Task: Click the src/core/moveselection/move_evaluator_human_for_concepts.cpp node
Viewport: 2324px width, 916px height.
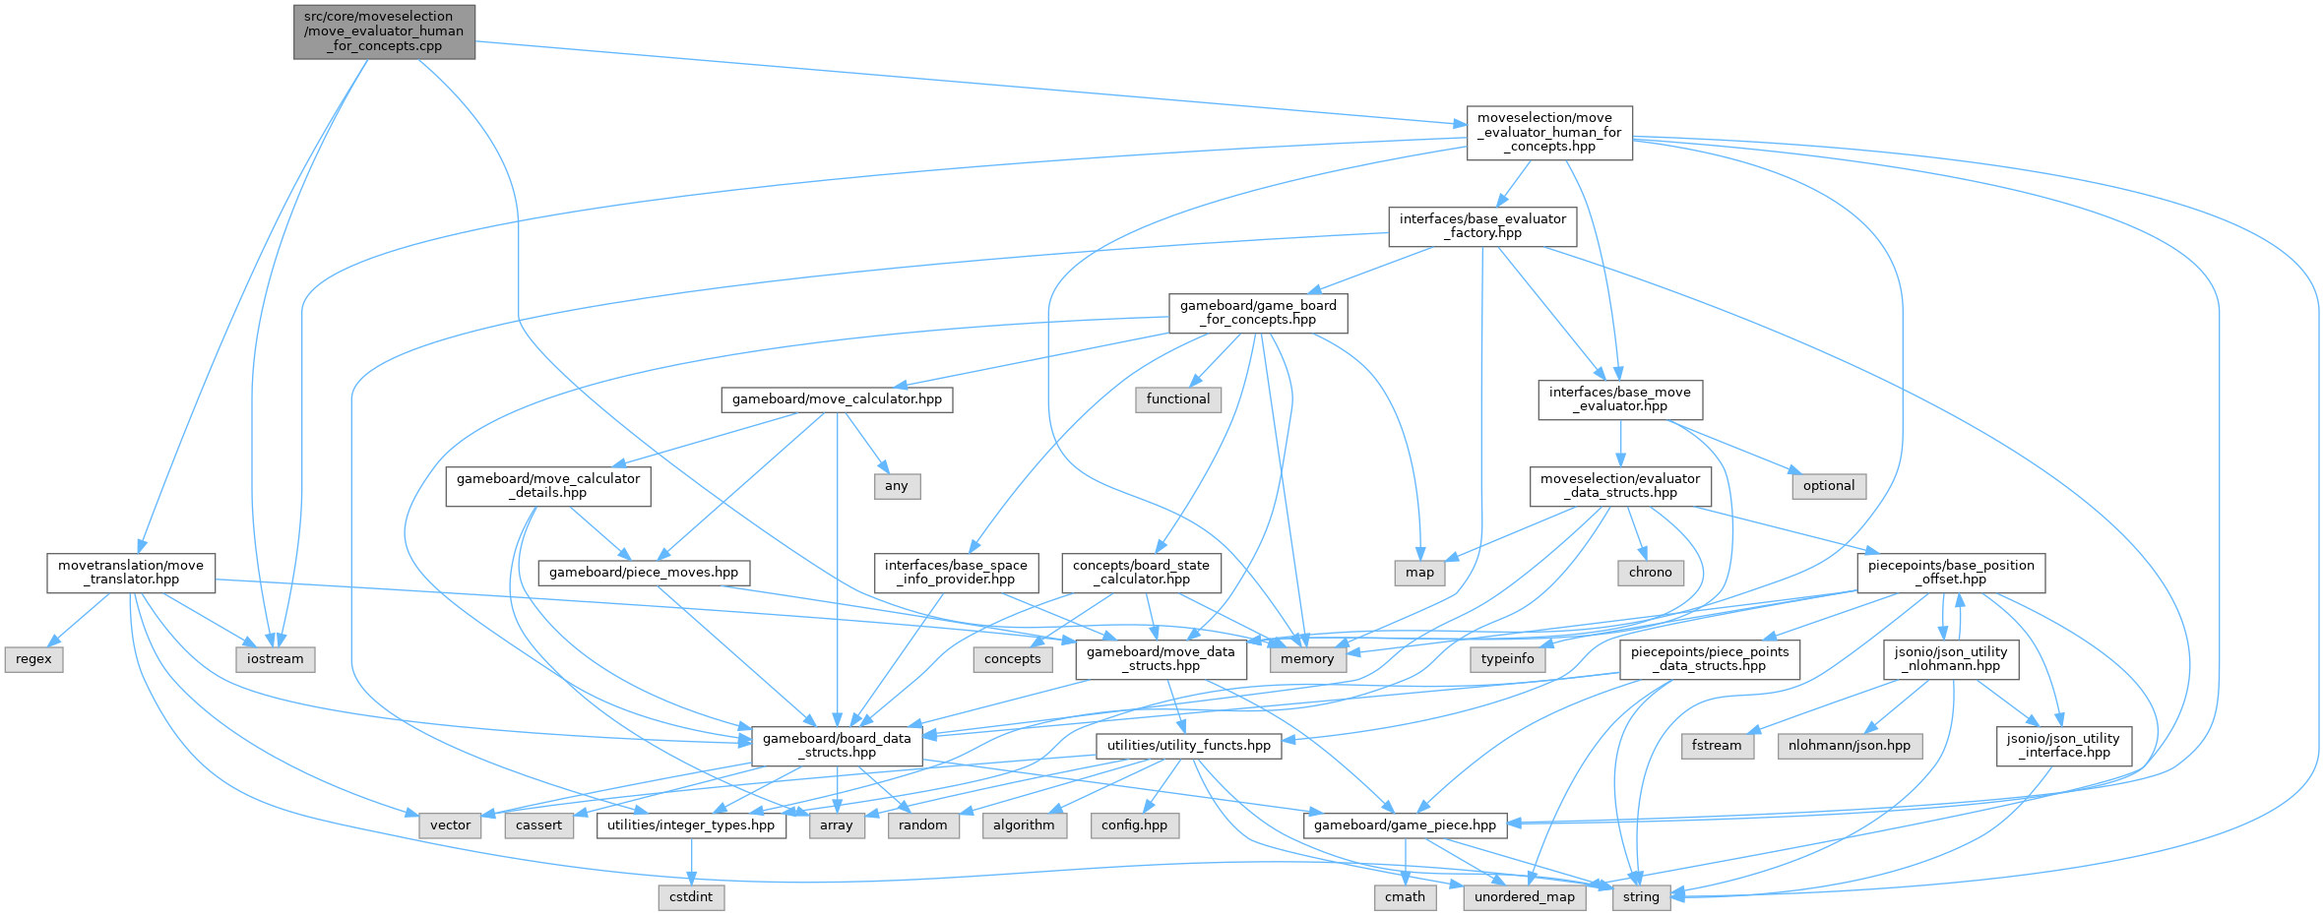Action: (x=384, y=31)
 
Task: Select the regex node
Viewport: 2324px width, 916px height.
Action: (x=33, y=659)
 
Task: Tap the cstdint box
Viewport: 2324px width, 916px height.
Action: (x=691, y=897)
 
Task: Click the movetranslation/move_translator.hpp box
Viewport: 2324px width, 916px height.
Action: (x=131, y=573)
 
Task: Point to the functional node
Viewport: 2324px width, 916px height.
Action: (x=1178, y=399)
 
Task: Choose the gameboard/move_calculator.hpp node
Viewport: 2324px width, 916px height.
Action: (x=837, y=399)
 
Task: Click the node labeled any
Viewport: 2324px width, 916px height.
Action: (x=897, y=486)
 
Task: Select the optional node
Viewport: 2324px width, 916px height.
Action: (x=1829, y=486)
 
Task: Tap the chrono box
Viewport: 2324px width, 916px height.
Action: (x=1650, y=573)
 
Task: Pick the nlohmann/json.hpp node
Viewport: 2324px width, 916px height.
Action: (x=1849, y=746)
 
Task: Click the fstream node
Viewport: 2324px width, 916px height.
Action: (x=1717, y=746)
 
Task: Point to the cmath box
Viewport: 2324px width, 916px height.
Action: (x=1405, y=897)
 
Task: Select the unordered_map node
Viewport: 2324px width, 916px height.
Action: (x=1524, y=897)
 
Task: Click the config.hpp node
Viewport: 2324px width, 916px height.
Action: (x=1134, y=825)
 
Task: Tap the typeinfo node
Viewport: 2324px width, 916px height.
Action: (x=1507, y=659)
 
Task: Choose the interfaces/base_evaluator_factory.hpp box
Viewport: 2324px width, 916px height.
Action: (x=1482, y=226)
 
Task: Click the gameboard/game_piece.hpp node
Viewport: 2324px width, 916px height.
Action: (x=1405, y=825)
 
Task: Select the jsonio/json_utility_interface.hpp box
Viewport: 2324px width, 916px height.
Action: (x=2063, y=746)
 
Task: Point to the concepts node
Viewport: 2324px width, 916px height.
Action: (x=1012, y=659)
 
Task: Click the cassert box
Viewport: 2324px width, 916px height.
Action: (x=538, y=825)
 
